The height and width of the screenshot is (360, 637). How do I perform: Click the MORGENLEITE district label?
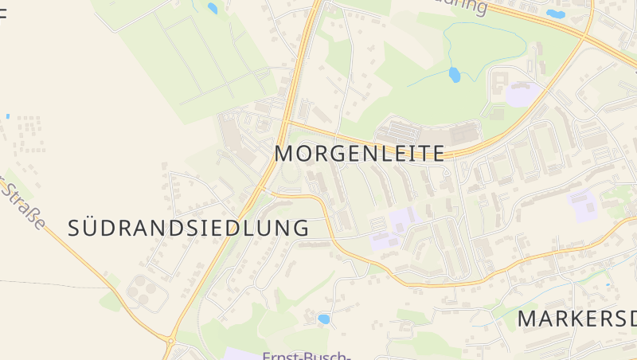359,154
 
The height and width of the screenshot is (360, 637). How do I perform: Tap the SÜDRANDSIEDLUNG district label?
189,228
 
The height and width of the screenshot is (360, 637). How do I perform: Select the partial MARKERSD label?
577,319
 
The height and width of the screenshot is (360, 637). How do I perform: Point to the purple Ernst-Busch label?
307,354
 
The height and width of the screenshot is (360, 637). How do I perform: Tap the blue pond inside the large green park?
454,75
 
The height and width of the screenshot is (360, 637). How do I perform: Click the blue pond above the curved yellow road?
555,14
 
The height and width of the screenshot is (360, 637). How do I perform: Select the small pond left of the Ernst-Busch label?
323,319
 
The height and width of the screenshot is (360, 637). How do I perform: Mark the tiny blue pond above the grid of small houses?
8,116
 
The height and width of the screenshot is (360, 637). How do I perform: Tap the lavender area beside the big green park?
522,95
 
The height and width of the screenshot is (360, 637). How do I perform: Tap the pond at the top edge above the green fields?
212,9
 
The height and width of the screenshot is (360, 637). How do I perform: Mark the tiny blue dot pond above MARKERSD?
607,283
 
